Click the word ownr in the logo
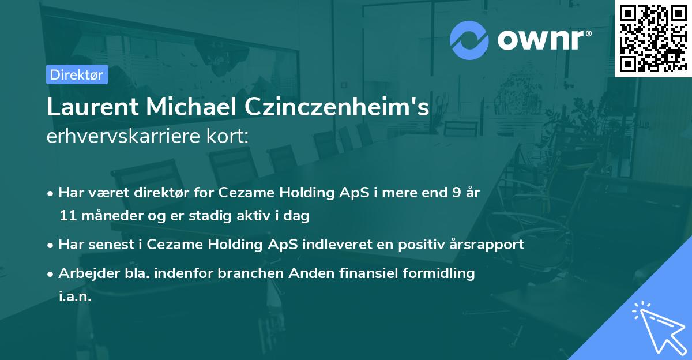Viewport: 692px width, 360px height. [x=543, y=40]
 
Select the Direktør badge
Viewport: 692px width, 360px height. [x=77, y=74]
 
